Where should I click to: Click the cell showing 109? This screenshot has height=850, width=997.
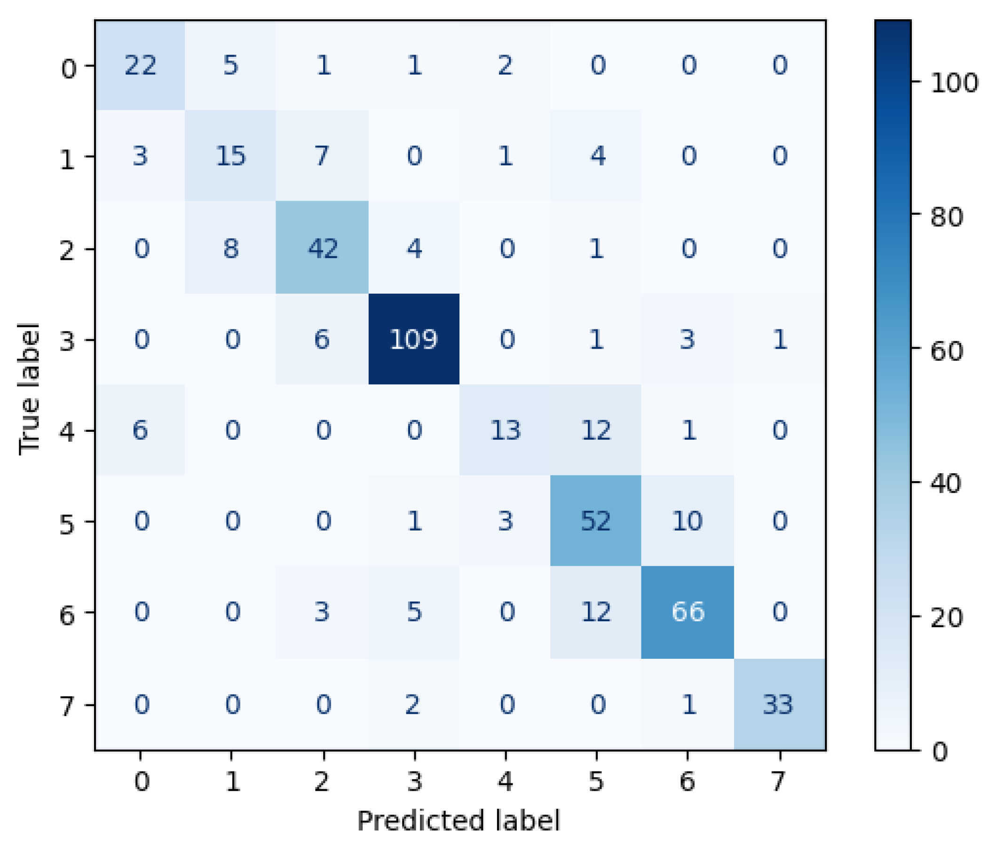[x=414, y=339]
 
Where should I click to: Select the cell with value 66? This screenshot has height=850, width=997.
[x=688, y=611]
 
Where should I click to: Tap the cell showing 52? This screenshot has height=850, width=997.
[x=596, y=521]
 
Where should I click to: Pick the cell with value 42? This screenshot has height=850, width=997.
[x=323, y=249]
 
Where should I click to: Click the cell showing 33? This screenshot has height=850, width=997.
[x=778, y=704]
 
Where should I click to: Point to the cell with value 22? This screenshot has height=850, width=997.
[x=140, y=65]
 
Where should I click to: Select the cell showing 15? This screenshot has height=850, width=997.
[x=231, y=156]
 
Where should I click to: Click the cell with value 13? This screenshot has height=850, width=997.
[x=505, y=430]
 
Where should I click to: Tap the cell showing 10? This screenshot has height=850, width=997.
[x=688, y=521]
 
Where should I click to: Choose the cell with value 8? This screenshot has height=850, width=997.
[x=231, y=249]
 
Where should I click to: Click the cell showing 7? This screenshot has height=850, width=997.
[x=323, y=156]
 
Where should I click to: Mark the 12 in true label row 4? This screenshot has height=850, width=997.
[x=596, y=430]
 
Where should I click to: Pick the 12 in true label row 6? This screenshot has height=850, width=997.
[x=596, y=611]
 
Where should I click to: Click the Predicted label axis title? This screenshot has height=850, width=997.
[x=459, y=821]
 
